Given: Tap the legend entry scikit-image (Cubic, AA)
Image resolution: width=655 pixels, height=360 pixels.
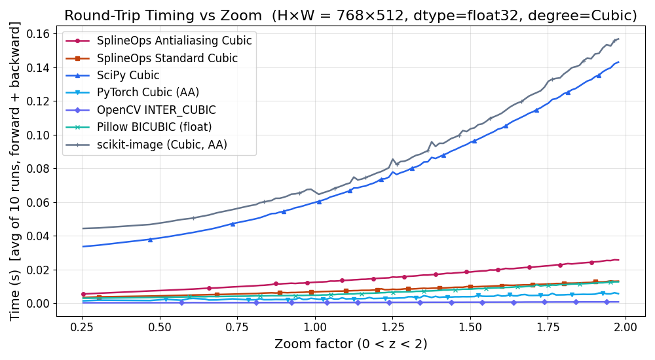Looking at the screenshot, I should (162, 145).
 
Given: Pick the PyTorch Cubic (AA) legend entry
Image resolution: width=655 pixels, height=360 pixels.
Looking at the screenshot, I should (147, 92).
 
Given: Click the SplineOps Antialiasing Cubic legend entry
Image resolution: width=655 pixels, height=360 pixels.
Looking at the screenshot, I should (174, 41).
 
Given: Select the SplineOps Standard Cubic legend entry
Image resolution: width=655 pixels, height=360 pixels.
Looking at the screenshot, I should (167, 58).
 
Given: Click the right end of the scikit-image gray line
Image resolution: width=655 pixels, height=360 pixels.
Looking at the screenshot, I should (618, 39).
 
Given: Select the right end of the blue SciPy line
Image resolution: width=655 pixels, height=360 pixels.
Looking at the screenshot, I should (618, 62).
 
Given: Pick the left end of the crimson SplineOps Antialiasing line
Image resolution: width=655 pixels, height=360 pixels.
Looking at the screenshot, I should (83, 294).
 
